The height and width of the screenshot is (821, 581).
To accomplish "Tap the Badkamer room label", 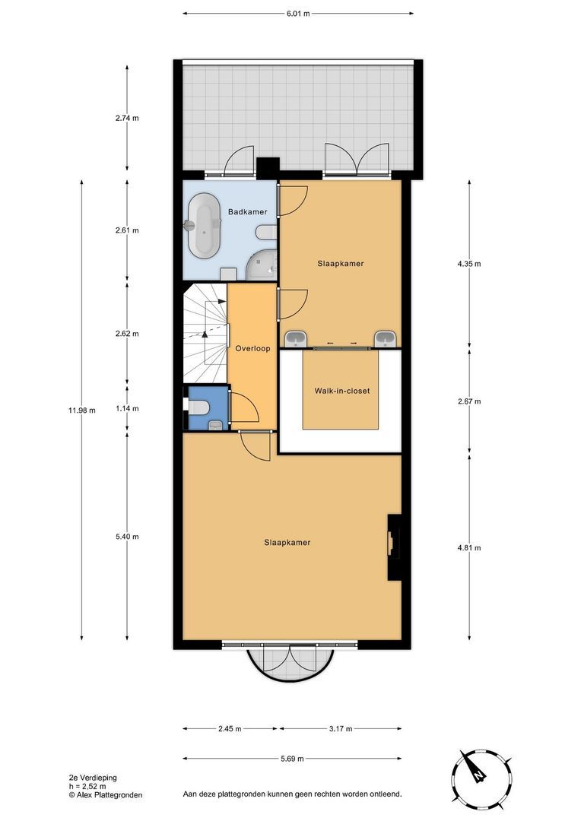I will pos(245,212).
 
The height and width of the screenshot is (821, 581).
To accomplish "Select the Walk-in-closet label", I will pos(341,391).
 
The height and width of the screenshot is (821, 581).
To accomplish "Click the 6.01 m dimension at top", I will pos(299,13).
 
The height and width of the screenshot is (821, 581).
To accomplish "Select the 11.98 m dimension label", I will pos(81,410).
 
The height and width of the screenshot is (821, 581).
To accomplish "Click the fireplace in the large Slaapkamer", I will pos(393,547).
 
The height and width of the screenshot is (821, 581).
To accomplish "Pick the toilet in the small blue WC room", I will pos(198,408).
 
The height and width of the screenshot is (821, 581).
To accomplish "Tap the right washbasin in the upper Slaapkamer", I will pos(386,338).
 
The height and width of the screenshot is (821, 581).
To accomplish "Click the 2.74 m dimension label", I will pos(126,118).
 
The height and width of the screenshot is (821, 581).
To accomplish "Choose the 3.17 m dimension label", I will pos(340,728).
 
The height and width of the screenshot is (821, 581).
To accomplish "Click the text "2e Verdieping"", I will pos(94,778).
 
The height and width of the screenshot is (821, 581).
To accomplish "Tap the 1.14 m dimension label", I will pos(126,408).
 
